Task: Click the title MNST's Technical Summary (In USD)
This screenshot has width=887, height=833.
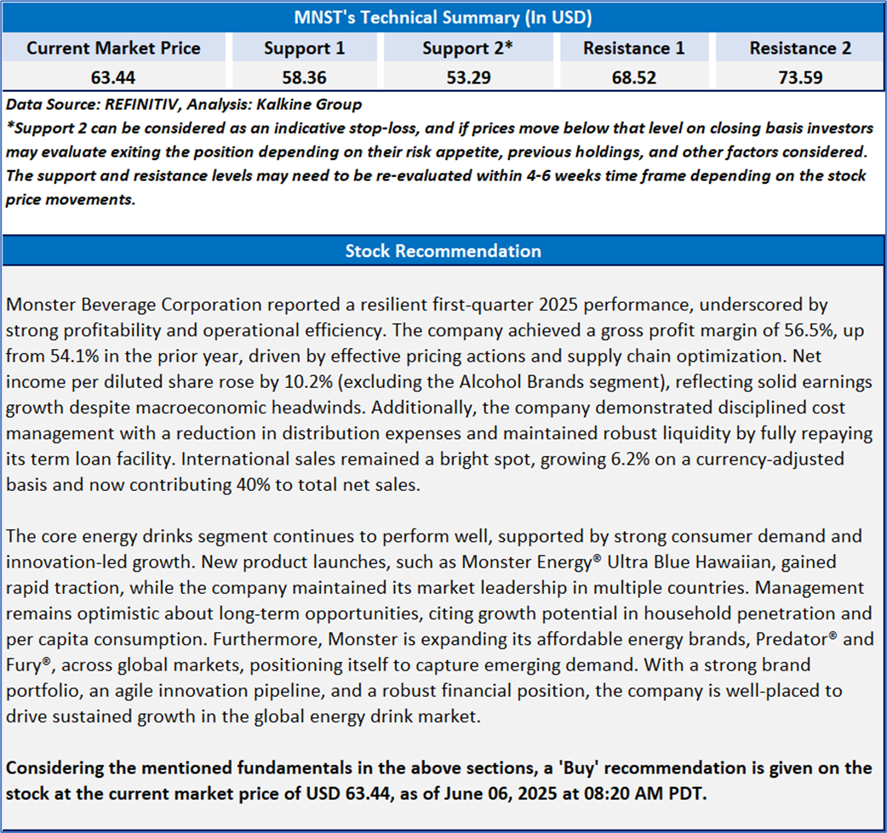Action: pos(443,17)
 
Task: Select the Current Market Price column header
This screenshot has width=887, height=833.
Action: pos(113,48)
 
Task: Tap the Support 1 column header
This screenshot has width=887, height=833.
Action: pos(304,48)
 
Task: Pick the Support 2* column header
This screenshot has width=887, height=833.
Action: pos(467,48)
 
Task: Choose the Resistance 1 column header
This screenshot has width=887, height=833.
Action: pos(633,48)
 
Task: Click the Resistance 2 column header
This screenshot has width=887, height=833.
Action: pos(799,48)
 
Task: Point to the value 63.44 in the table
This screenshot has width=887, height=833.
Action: pos(113,77)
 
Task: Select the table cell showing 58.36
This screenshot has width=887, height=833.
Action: pos(304,77)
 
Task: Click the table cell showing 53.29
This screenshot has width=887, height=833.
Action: pos(467,77)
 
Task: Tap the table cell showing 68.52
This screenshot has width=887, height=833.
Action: pos(633,77)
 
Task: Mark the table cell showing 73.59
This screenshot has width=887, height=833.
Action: pos(799,77)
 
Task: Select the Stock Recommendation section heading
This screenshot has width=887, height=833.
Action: pos(443,251)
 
